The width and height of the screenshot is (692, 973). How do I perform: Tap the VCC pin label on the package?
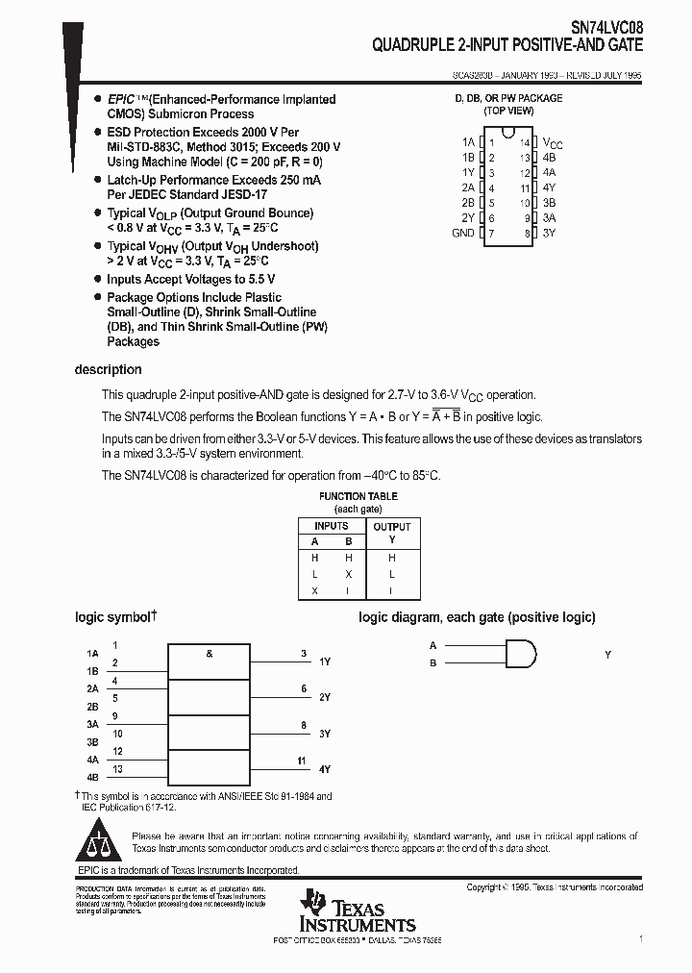(x=553, y=142)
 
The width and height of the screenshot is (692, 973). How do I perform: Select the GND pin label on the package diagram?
(x=463, y=234)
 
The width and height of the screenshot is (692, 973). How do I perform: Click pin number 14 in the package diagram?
(x=525, y=142)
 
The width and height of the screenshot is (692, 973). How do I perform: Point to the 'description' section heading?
(x=109, y=370)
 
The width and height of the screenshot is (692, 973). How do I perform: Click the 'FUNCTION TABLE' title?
(x=358, y=496)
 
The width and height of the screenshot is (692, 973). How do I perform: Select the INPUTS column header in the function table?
(x=332, y=526)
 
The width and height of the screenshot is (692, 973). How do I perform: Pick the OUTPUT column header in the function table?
(x=391, y=527)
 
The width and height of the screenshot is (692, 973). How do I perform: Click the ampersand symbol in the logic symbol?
(x=209, y=654)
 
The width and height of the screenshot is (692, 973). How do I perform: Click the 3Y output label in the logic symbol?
(x=325, y=734)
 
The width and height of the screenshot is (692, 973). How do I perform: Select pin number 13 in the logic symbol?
(x=117, y=769)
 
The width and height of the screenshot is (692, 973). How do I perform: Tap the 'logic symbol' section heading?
(x=113, y=617)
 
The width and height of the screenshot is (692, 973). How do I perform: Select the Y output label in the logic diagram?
(x=607, y=655)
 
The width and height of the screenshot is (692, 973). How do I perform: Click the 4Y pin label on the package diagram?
(x=549, y=188)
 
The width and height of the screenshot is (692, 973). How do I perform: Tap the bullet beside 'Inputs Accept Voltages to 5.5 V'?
(x=97, y=280)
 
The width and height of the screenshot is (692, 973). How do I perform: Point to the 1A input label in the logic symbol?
(x=92, y=654)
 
